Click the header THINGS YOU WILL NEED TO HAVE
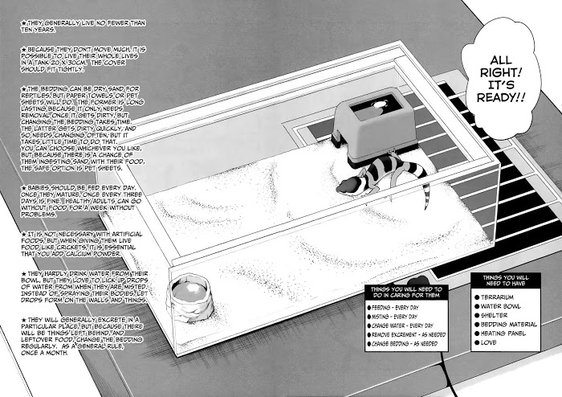pos(500,278)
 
